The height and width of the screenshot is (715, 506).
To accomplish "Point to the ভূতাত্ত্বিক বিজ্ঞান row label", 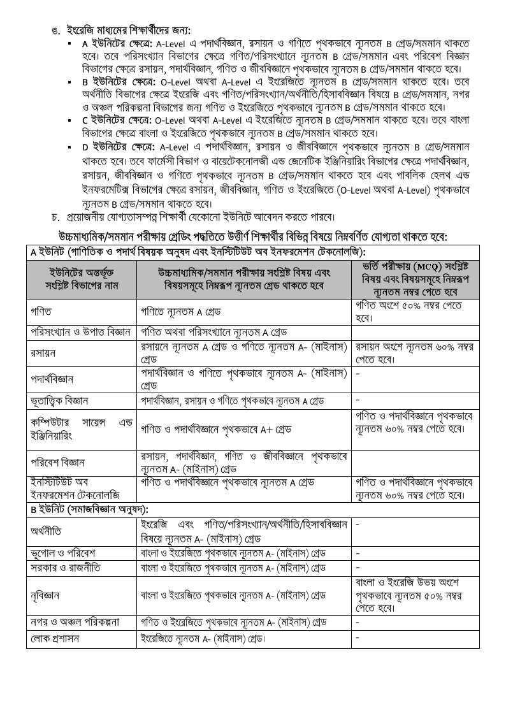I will [x=59, y=401].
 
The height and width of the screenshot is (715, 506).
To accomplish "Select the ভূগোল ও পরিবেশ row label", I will [x=61, y=551].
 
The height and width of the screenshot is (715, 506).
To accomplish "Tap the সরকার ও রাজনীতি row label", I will [x=65, y=567].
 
